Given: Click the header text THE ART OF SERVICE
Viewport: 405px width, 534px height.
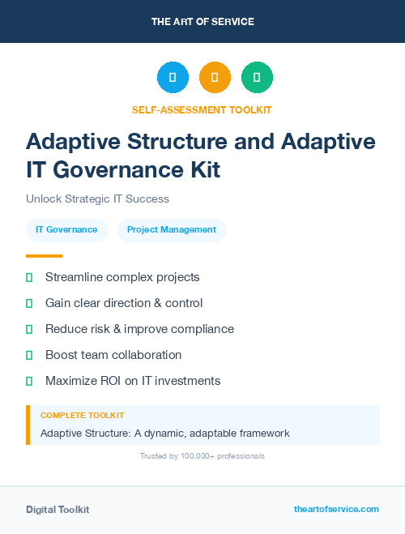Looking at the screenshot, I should (202, 22).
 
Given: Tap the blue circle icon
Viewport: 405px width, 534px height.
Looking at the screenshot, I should (173, 77).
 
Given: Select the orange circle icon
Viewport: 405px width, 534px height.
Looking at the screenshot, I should (215, 77).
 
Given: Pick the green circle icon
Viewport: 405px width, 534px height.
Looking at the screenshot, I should (257, 77).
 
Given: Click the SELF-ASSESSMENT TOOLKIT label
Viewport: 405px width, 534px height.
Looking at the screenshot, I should (202, 109).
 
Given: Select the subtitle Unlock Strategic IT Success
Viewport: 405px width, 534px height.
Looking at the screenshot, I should (97, 199).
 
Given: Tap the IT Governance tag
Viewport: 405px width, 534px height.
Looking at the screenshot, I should (66, 230).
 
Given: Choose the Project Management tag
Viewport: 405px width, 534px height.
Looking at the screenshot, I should (172, 230).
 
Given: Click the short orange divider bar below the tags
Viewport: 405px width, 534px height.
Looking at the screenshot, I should (44, 256).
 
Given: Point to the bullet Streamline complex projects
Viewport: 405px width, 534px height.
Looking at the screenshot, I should (122, 277).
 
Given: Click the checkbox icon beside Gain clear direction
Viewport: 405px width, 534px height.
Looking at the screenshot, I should (29, 303).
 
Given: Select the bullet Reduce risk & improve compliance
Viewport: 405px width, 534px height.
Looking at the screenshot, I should (139, 329).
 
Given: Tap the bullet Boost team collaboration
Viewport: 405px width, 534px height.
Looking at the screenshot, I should (113, 355).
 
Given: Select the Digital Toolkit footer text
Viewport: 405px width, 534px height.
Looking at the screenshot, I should (58, 510).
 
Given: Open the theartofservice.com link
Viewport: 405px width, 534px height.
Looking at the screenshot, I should (336, 509).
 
